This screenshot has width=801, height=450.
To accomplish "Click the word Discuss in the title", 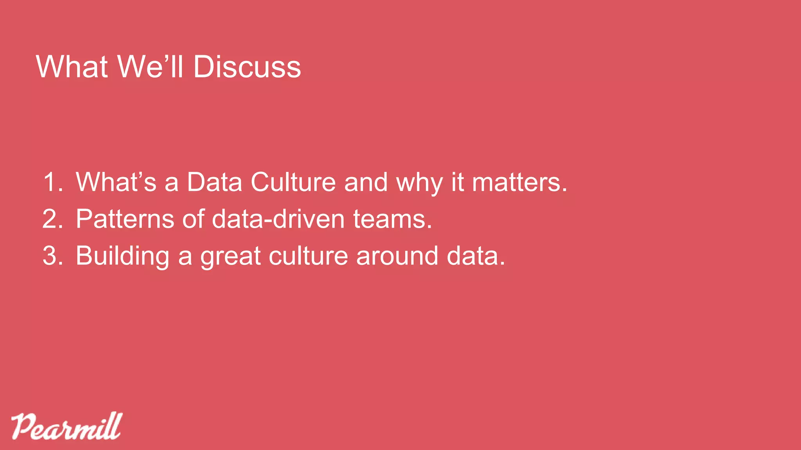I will click(247, 67).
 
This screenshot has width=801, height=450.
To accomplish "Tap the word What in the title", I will click(72, 67).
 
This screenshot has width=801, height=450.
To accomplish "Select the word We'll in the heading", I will click(150, 67).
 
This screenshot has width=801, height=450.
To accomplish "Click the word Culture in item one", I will click(293, 182).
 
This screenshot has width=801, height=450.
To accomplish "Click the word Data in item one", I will click(214, 182).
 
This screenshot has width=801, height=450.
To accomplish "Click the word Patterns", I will click(125, 219).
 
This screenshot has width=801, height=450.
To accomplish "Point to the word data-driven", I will click(278, 219).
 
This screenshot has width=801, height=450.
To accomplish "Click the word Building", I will click(122, 256).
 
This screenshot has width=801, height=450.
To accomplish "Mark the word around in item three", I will click(397, 256).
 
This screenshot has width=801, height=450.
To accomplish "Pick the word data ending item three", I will click(475, 256).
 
